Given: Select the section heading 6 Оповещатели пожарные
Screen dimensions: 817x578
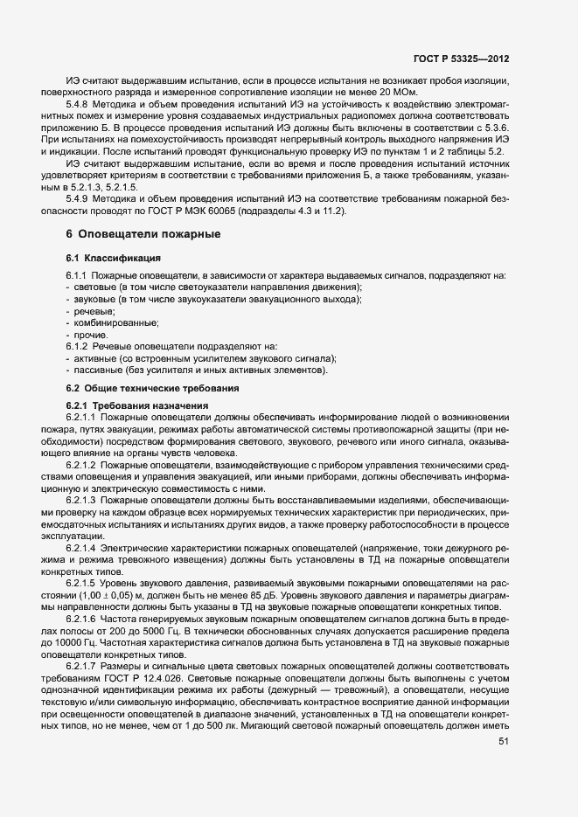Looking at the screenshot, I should (143, 234).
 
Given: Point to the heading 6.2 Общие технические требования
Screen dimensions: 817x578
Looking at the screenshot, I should (152, 388).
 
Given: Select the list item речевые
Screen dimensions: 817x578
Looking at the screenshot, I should (94, 311).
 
